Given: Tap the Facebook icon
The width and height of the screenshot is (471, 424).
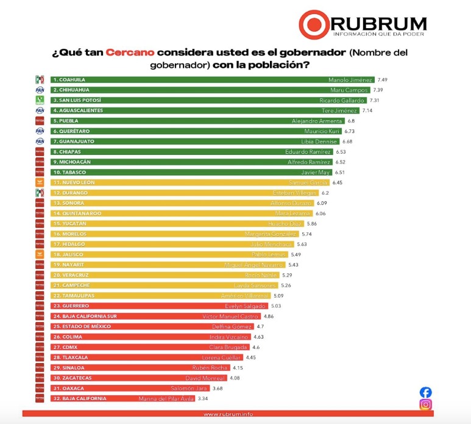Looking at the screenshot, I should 426,392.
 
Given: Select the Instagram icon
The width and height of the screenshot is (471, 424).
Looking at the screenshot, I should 426,404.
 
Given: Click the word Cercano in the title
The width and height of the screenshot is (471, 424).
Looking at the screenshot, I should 130,53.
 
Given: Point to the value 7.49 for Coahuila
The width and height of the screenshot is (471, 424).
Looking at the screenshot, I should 383,79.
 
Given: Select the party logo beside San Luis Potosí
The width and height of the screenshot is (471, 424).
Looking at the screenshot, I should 40,100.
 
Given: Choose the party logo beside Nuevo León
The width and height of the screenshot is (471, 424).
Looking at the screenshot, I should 40,182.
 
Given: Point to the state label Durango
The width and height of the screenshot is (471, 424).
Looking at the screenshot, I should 71,193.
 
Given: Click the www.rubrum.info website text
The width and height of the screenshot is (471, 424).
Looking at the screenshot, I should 228,414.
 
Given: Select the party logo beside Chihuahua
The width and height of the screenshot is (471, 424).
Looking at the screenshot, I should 40,90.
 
